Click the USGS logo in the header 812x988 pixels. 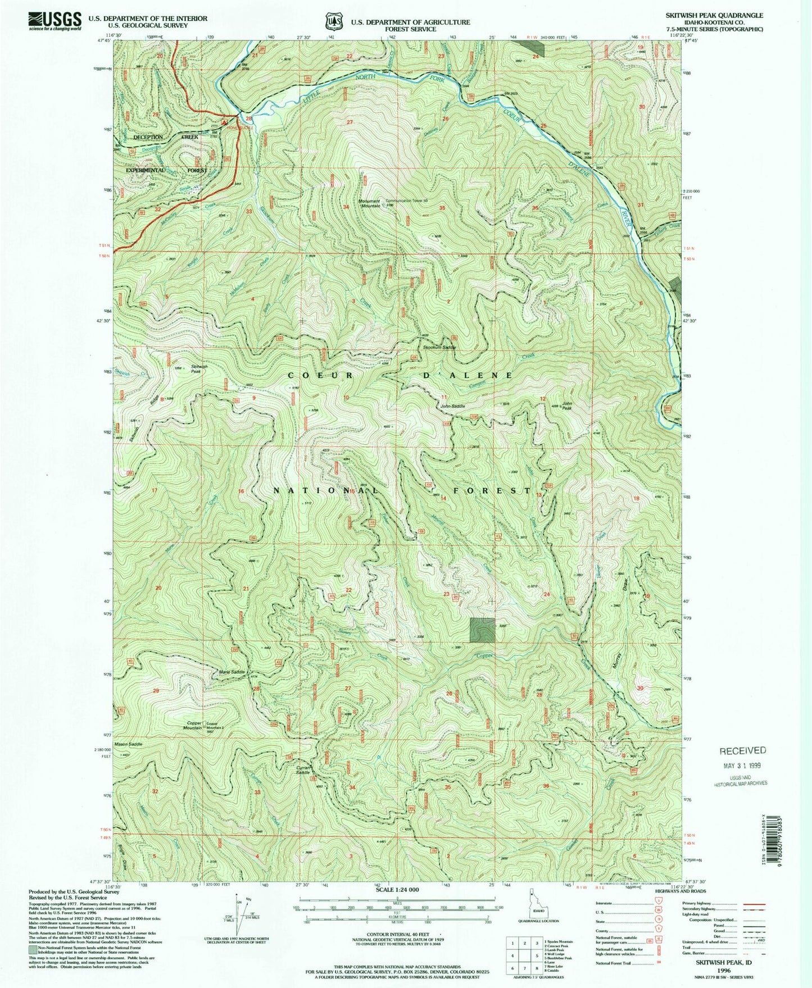[55, 21]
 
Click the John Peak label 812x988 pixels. [567, 406]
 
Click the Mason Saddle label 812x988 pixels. [128, 744]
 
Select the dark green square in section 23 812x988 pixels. [483, 630]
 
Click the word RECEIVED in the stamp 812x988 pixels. [742, 750]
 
